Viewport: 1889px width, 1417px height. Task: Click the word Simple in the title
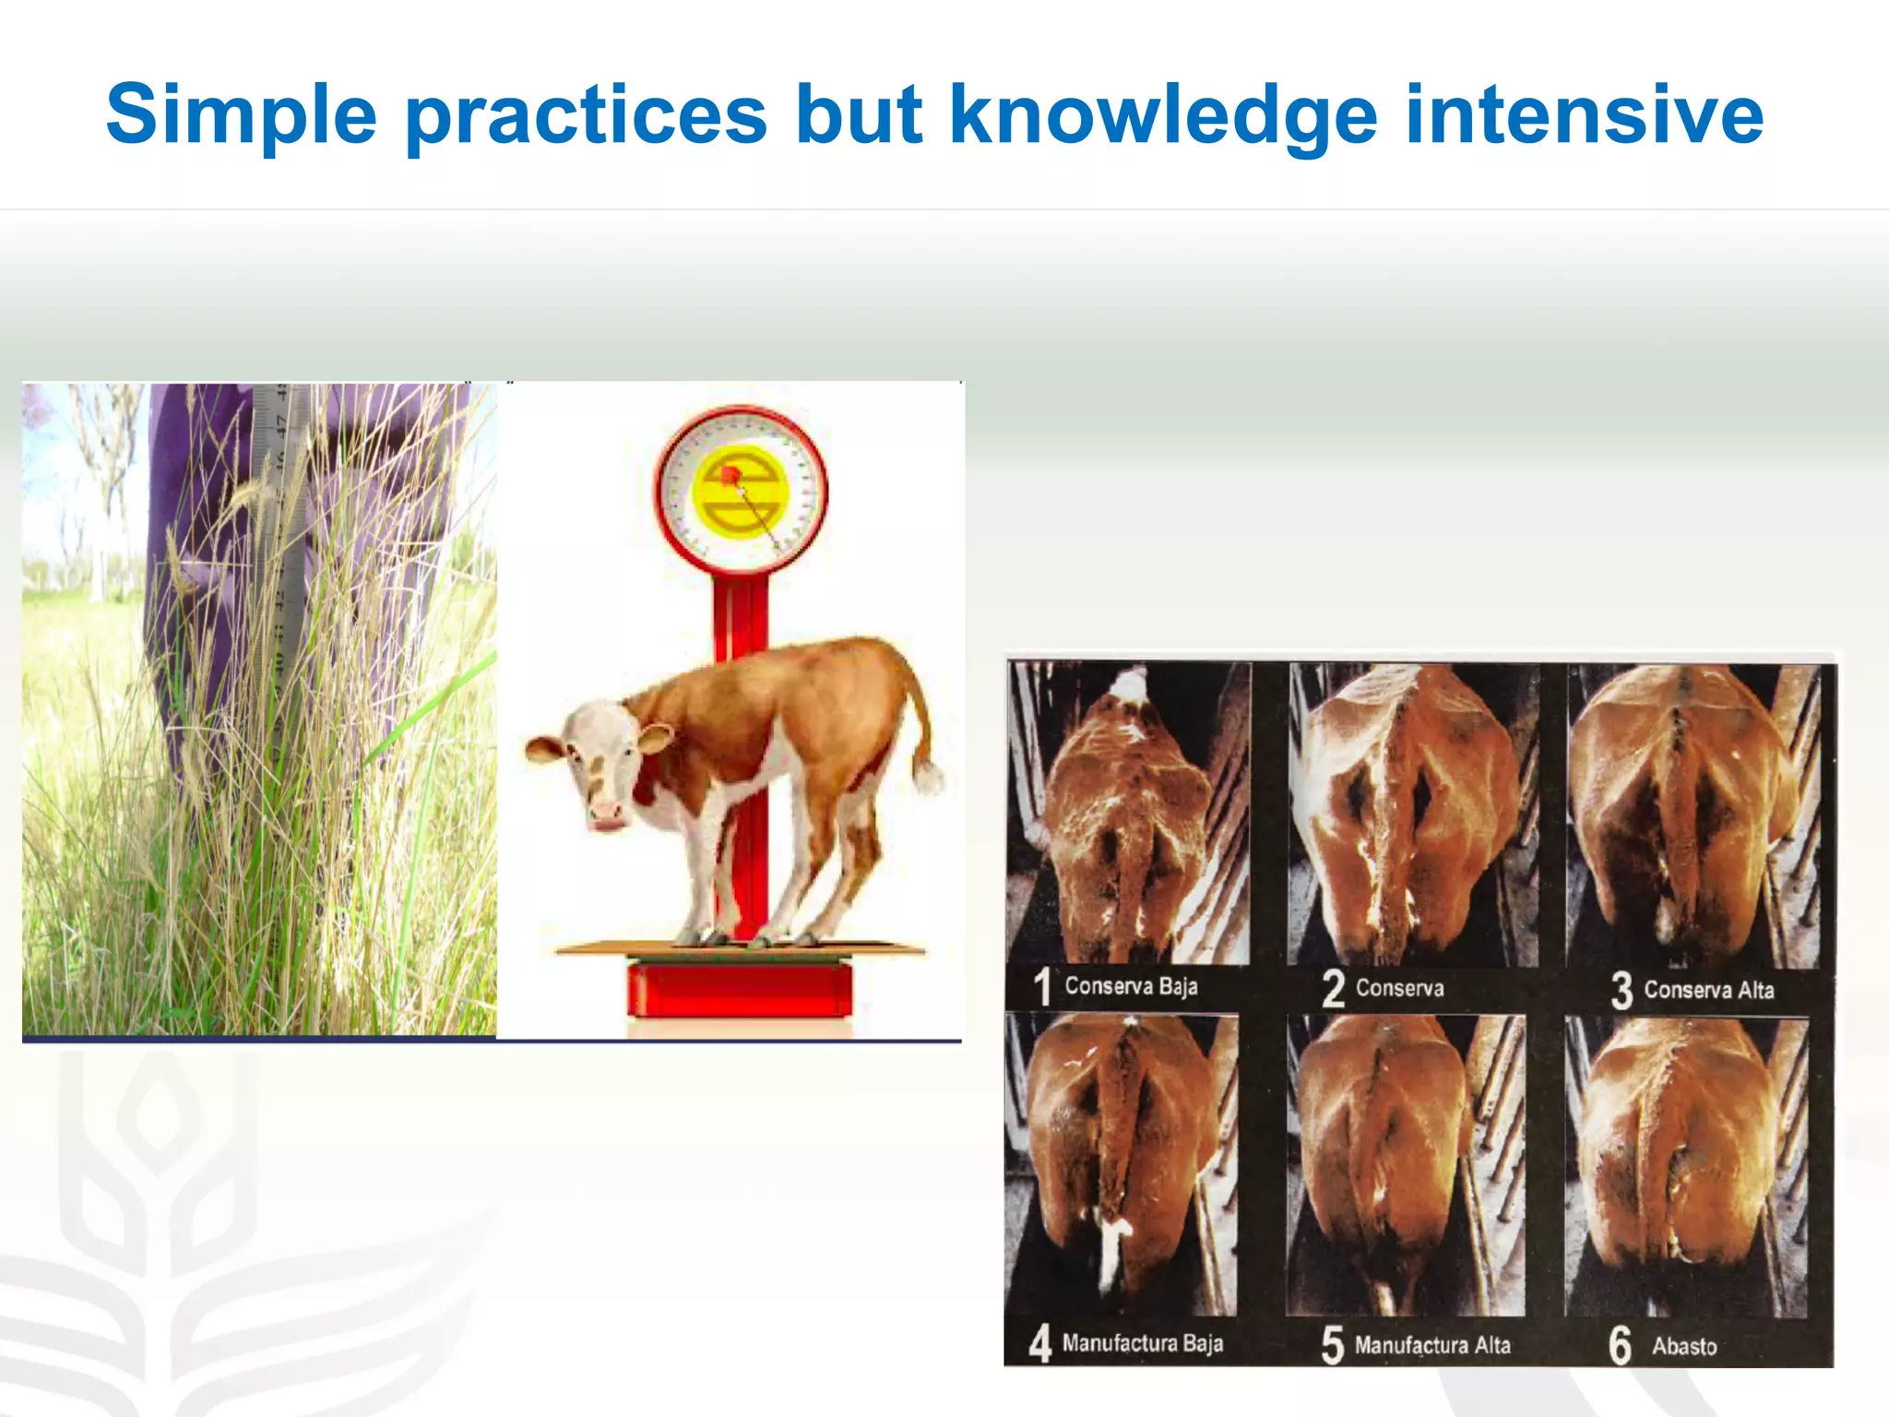tap(242, 115)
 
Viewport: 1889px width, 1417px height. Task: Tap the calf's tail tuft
tap(927, 776)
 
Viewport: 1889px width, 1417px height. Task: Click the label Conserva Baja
tap(1131, 986)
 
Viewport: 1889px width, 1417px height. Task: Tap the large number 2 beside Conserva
tap(1333, 989)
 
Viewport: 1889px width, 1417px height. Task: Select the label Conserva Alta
tap(1708, 991)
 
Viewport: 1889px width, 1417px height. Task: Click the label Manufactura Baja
tap(1142, 1343)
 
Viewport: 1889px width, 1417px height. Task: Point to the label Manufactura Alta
tap(1432, 1346)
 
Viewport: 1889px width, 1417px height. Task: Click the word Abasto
tap(1684, 1347)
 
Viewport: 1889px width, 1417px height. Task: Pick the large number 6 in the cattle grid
tap(1621, 1345)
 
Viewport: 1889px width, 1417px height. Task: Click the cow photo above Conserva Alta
tap(1693, 816)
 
